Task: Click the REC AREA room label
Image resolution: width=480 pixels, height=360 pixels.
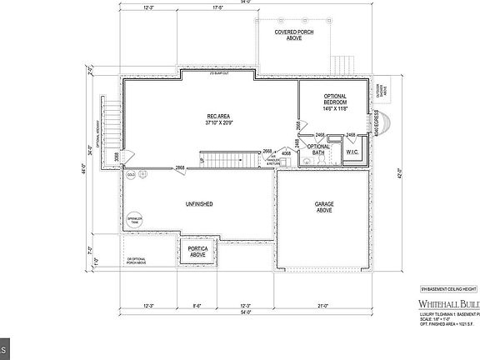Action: pyautogui.click(x=219, y=117)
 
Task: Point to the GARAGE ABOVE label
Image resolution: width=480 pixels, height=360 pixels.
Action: pyautogui.click(x=324, y=207)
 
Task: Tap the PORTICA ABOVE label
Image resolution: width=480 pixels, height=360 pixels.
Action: pyautogui.click(x=197, y=252)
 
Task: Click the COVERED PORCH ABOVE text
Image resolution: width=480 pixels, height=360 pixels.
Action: pyautogui.click(x=293, y=34)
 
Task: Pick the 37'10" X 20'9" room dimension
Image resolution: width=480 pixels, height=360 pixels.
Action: pyautogui.click(x=219, y=122)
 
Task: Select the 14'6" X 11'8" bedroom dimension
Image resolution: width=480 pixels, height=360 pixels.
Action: pyautogui.click(x=336, y=108)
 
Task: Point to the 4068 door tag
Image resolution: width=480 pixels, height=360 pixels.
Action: pyautogui.click(x=286, y=154)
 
